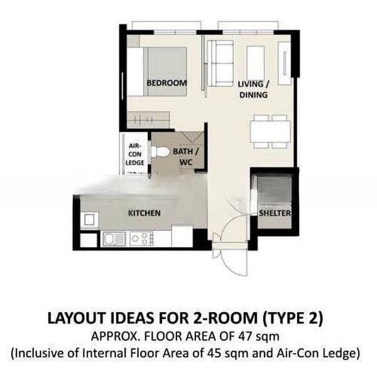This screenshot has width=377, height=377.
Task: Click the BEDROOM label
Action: [167, 83]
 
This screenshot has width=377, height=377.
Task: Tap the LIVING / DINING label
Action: [253, 89]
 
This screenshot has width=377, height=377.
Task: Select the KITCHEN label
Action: [145, 213]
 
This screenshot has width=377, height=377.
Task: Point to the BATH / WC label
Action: [186, 156]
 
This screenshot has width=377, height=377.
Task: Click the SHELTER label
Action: [275, 213]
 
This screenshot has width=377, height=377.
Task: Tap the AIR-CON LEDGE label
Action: [135, 155]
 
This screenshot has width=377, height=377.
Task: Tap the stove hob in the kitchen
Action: [141, 239]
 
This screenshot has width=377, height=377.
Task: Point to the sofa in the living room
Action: [221, 63]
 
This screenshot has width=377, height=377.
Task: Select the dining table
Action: [270, 132]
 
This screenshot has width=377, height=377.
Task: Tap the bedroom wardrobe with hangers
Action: [148, 119]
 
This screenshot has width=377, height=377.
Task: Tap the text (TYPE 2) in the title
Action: [293, 318]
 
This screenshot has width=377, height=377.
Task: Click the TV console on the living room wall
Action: [285, 63]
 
